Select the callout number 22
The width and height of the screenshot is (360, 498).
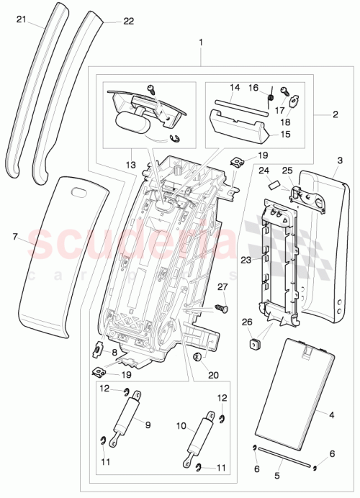pos(128,21)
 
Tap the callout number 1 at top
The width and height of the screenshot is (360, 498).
pos(201,42)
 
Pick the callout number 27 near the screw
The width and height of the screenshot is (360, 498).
pos(222,287)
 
